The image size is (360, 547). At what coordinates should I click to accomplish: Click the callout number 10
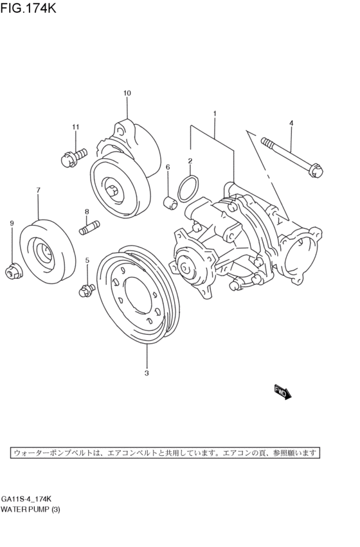(127, 94)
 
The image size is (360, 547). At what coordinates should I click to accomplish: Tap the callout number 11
(75, 127)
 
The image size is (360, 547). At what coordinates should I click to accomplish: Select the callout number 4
(291, 123)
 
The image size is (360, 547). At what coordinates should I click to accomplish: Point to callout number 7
(38, 190)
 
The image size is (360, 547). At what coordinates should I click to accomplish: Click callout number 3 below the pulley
(147, 373)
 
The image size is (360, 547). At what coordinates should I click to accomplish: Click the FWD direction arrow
(283, 391)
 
